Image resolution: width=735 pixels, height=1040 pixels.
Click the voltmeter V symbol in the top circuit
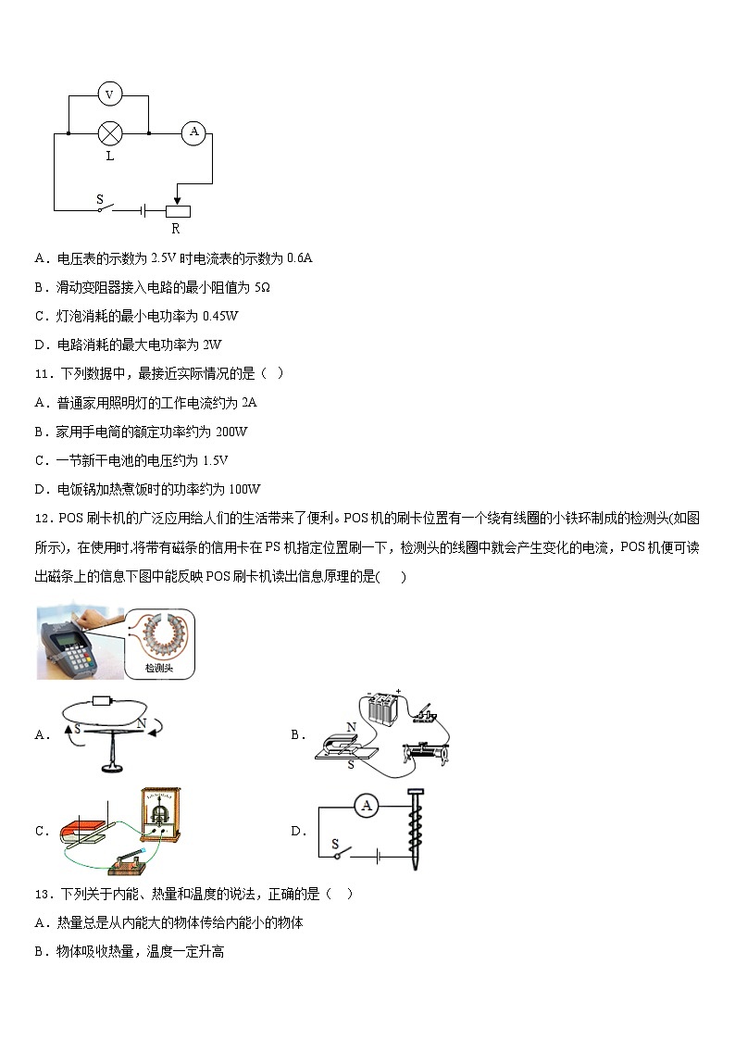tap(110, 94)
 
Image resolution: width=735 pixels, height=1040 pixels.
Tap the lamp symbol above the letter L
tap(110, 133)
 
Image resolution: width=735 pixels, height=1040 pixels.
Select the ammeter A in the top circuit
tap(193, 132)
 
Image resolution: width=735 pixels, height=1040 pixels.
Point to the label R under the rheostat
tap(175, 229)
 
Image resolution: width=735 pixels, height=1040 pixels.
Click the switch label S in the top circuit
tap(100, 197)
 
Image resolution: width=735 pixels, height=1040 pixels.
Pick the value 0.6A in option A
tap(299, 258)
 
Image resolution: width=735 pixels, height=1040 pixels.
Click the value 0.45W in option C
tap(221, 316)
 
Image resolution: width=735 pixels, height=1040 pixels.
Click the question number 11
tap(42, 373)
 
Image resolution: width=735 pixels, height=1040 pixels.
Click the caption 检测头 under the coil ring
tap(159, 667)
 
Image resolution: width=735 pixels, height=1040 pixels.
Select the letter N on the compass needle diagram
tap(141, 723)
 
